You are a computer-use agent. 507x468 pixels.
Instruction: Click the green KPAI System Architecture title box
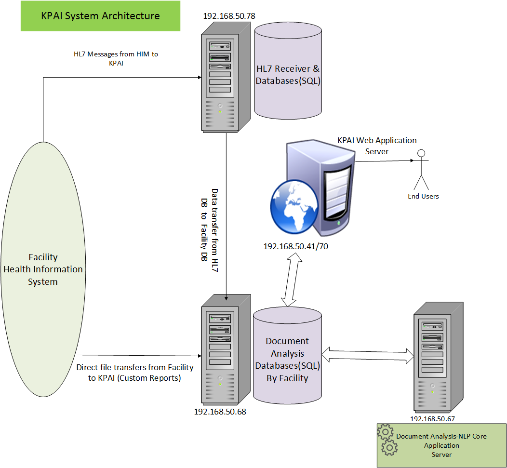(100, 16)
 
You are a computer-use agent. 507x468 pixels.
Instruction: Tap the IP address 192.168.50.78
(229, 16)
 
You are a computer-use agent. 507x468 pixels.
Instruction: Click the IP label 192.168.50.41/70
(296, 246)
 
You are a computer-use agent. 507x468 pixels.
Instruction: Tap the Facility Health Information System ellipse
(43, 269)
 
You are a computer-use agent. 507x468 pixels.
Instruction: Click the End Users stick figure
(422, 171)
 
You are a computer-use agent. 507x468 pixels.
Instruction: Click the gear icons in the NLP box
(387, 440)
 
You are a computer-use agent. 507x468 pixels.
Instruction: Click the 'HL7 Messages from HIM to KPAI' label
(116, 58)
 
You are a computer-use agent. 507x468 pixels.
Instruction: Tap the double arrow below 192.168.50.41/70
(292, 281)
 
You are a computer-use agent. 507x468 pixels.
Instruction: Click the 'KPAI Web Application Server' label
(377, 146)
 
